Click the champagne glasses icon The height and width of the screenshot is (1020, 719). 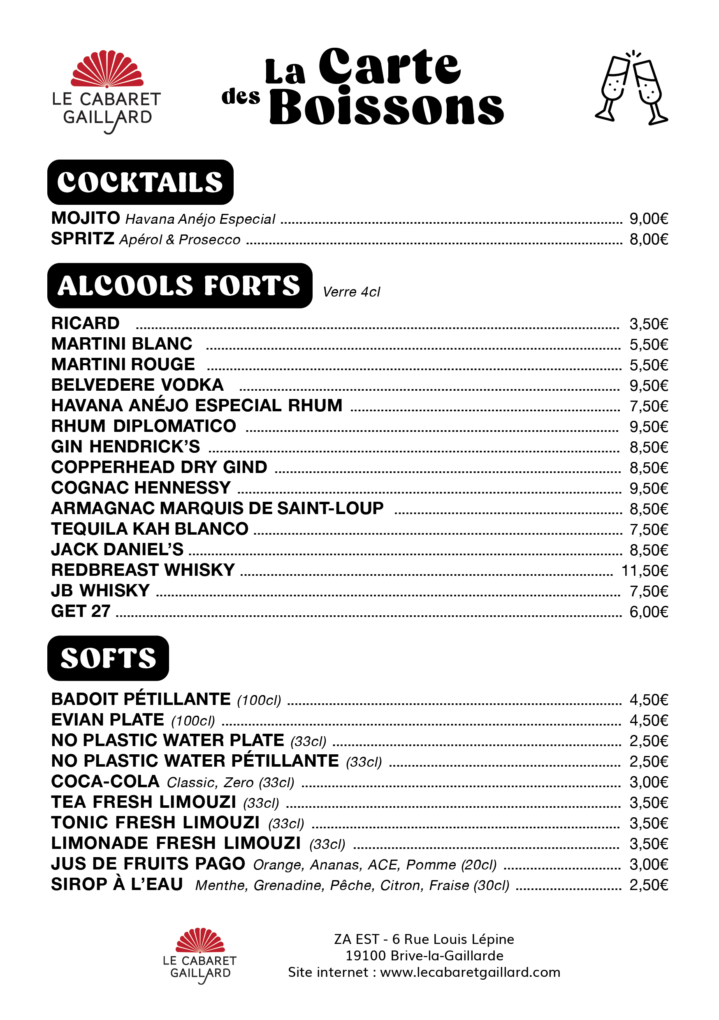(x=631, y=88)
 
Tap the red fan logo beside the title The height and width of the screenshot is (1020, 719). (x=107, y=69)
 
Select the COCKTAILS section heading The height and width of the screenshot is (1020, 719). (x=140, y=182)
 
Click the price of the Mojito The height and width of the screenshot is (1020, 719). (x=648, y=219)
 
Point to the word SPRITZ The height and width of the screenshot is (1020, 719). (x=83, y=239)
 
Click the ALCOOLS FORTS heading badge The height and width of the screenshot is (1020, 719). (x=179, y=286)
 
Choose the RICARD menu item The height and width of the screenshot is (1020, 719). (x=85, y=323)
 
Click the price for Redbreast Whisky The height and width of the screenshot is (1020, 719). (x=645, y=571)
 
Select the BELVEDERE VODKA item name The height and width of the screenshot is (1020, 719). (x=137, y=385)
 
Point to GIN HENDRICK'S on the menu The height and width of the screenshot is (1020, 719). (x=126, y=447)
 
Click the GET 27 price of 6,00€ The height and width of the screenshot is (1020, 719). (x=648, y=612)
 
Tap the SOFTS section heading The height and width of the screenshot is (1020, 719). (x=108, y=658)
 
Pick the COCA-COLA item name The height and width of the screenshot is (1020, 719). (x=105, y=782)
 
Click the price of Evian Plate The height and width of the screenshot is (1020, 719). (x=648, y=721)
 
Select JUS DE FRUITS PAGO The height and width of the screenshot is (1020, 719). (x=148, y=864)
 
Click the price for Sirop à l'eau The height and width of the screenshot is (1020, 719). (x=648, y=885)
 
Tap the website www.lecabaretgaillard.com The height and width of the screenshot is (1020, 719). (x=470, y=972)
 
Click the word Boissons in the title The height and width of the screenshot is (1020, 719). (x=387, y=107)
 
